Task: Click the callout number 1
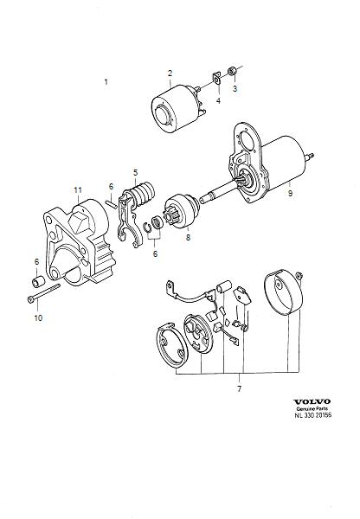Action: coord(106,82)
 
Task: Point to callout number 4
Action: coord(217,101)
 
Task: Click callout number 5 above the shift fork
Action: coord(135,173)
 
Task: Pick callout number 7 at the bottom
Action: coord(239,389)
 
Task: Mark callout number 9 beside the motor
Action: coord(290,194)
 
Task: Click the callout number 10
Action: coord(37,318)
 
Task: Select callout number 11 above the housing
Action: coord(77,189)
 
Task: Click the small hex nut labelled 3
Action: coord(232,70)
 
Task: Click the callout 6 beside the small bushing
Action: coord(36,261)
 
